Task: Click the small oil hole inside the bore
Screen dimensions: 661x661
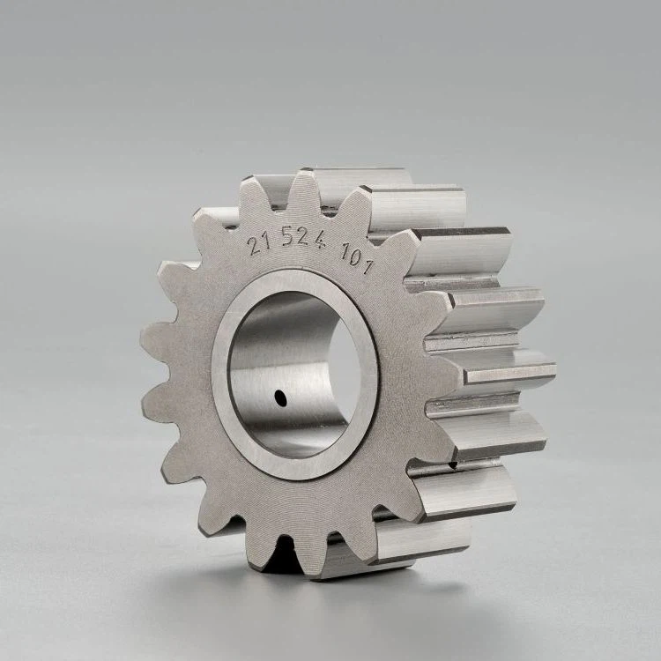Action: click(x=280, y=398)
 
